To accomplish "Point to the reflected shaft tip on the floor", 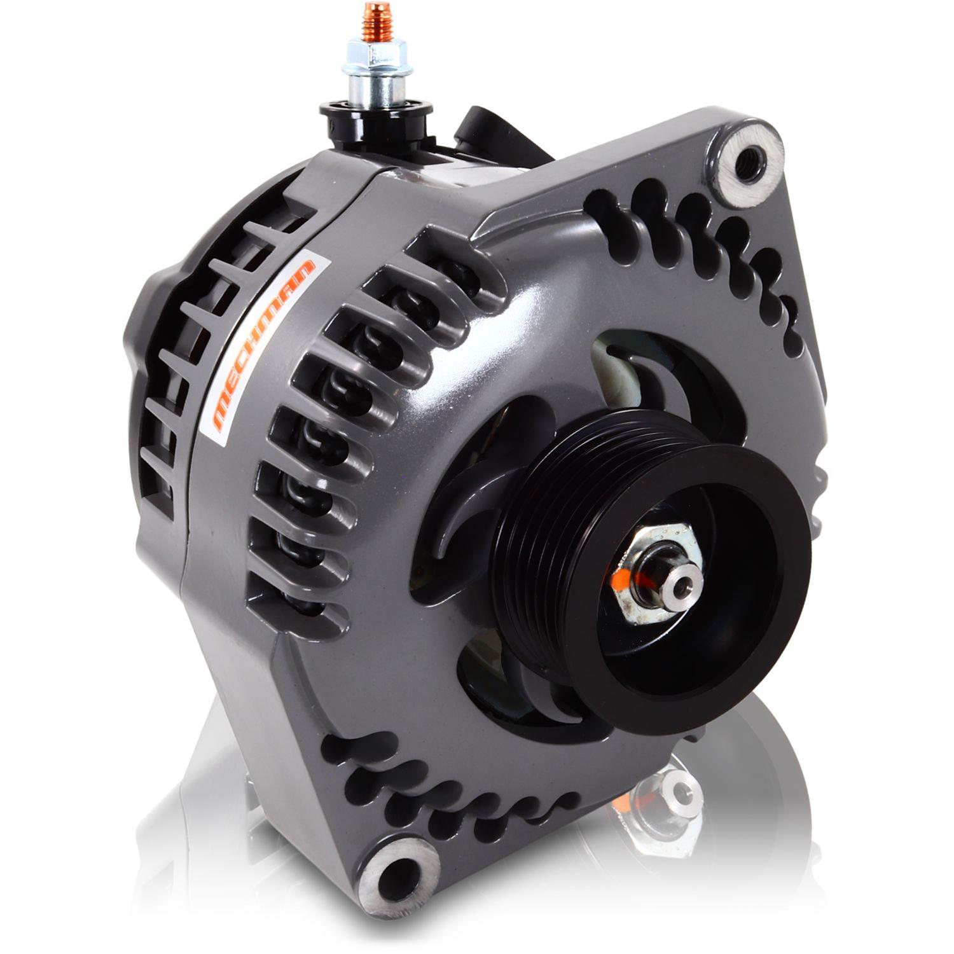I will coord(679,789).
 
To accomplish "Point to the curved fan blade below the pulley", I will coord(541,700).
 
